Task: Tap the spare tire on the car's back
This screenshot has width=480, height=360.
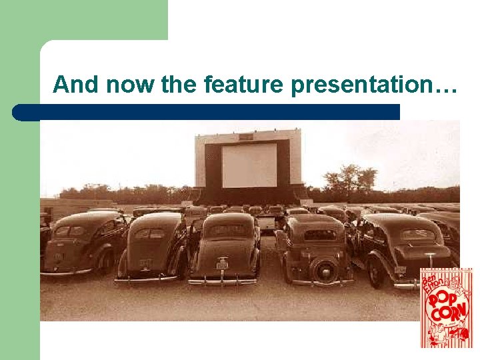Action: pyautogui.click(x=325, y=270)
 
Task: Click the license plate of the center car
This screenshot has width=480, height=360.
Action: pyautogui.click(x=222, y=265)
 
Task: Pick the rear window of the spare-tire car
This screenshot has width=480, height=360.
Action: pyautogui.click(x=321, y=234)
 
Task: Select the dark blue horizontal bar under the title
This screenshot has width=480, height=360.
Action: pyautogui.click(x=207, y=112)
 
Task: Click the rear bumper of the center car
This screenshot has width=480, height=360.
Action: pyautogui.click(x=223, y=281)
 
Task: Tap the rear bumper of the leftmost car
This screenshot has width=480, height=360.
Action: pyautogui.click(x=67, y=272)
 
